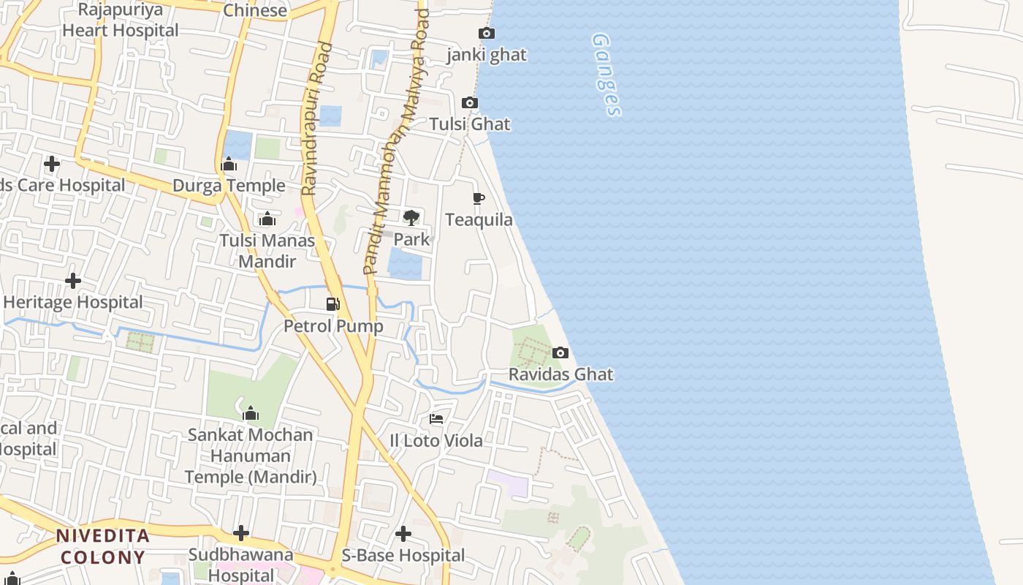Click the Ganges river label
[x=606, y=74]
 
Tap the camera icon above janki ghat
[x=487, y=33]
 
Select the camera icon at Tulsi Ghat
[x=470, y=102]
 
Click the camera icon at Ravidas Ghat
[x=560, y=352]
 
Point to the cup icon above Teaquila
[x=479, y=198]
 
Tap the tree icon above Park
[x=411, y=217]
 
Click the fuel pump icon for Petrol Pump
[x=333, y=303]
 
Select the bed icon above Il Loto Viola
[x=436, y=418]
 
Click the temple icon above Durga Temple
[x=229, y=164]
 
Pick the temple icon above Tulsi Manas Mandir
[x=267, y=219]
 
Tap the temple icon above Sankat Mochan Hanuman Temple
[x=251, y=413]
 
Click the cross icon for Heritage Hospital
[x=73, y=281]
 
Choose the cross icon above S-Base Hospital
[x=403, y=534]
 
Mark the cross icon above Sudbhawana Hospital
[x=241, y=533]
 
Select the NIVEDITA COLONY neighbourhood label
[x=103, y=546]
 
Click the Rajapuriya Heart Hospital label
[x=121, y=20]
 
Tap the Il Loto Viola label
[x=436, y=440]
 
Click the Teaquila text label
[x=479, y=219]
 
